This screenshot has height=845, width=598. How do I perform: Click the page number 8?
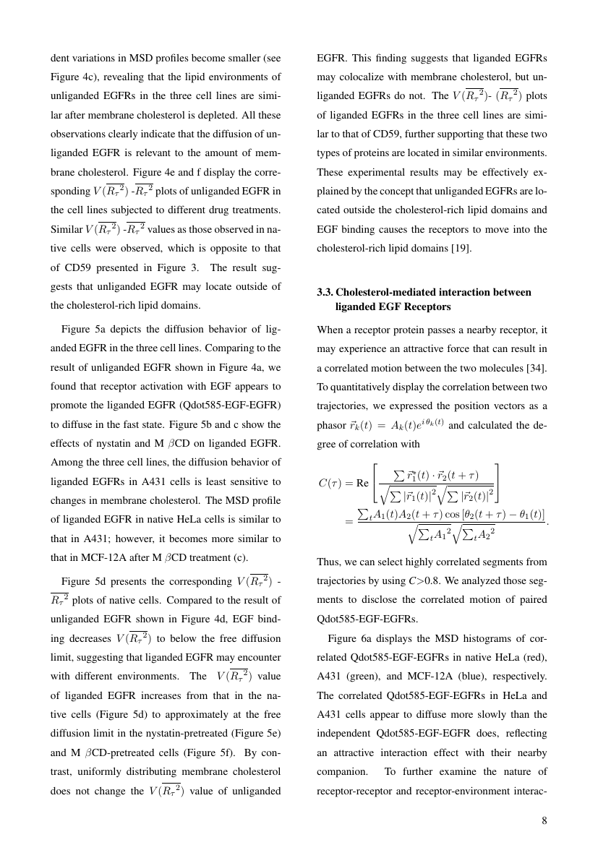pyautogui.click(x=544, y=820)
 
